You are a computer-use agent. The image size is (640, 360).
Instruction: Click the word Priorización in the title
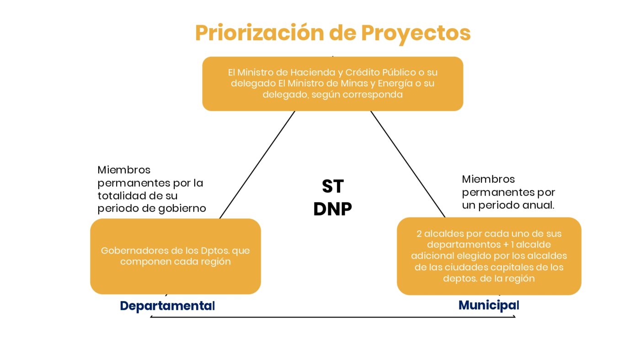260,33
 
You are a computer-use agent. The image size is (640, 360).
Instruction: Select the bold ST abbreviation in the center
333,186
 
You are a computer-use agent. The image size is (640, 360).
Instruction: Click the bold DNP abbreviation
333,209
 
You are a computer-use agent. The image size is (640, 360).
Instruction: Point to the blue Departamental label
167,306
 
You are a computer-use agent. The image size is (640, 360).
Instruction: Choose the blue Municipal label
489,305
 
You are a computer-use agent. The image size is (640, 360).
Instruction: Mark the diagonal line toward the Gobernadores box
257,165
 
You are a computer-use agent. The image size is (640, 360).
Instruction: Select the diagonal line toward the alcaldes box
408,164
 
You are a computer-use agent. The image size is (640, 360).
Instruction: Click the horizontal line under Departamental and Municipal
333,317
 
